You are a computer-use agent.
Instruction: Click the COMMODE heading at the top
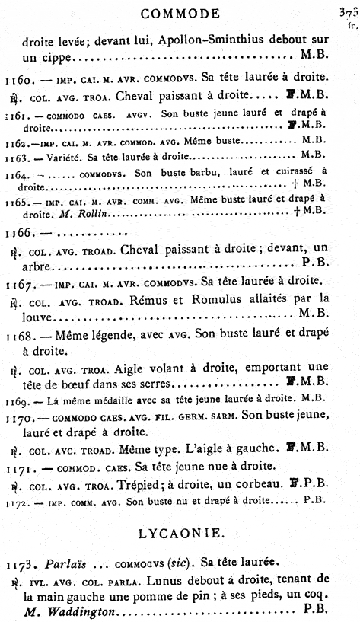click(x=180, y=13)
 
